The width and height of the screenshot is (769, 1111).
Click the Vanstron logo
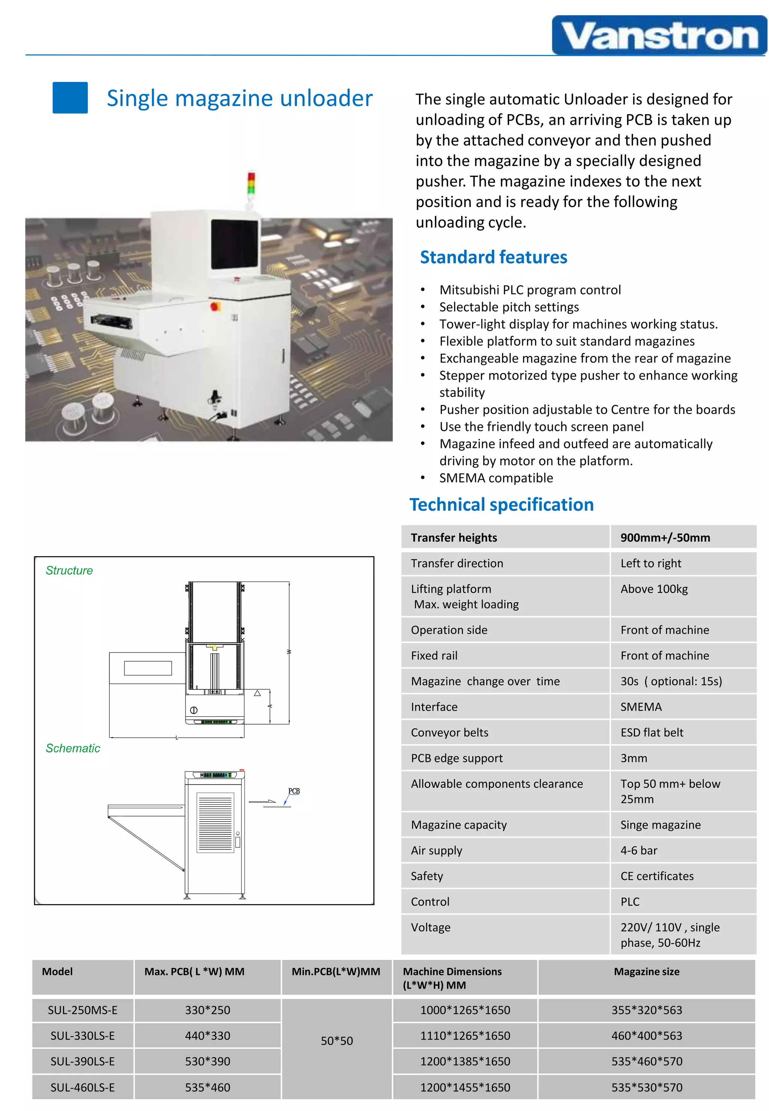pos(659,36)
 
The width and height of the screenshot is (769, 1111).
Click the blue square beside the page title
pos(70,98)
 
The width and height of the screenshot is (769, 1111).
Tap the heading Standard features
pos(493,257)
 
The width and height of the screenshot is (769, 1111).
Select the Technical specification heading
pos(501,504)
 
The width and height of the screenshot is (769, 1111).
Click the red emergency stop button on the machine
pos(214,306)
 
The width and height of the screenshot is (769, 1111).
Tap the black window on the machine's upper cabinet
pos(234,244)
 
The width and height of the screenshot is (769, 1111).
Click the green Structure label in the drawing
pos(69,570)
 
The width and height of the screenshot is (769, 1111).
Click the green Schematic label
pos(73,748)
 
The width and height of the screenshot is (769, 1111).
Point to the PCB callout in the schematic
pos(293,791)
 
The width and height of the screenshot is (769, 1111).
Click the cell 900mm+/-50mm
pos(665,538)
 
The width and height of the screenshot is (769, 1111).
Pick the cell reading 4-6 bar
pos(638,851)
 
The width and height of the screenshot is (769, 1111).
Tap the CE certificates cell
pos(656,876)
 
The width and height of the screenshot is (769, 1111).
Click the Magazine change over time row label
pos(485,681)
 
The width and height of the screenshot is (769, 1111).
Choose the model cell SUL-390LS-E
pos(82,1061)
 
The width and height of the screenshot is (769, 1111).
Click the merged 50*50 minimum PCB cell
pos(336,1041)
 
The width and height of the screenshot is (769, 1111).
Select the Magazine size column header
pos(646,972)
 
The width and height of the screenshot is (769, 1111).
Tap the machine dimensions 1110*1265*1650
pos(464,1036)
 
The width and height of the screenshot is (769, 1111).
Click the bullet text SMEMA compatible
pos(496,478)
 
